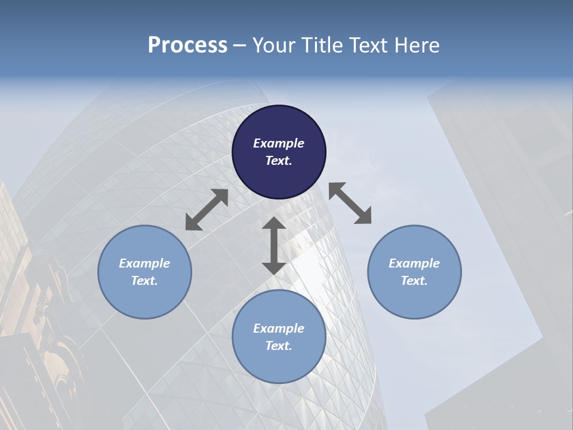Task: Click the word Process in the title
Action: [x=187, y=45]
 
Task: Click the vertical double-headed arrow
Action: [x=273, y=245]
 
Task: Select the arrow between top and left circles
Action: [x=207, y=210]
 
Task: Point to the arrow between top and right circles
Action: [x=350, y=203]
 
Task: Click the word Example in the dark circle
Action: [x=279, y=143]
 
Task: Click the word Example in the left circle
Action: [x=144, y=263]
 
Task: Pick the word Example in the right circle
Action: [x=414, y=263]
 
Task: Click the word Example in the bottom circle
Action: [x=279, y=328]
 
